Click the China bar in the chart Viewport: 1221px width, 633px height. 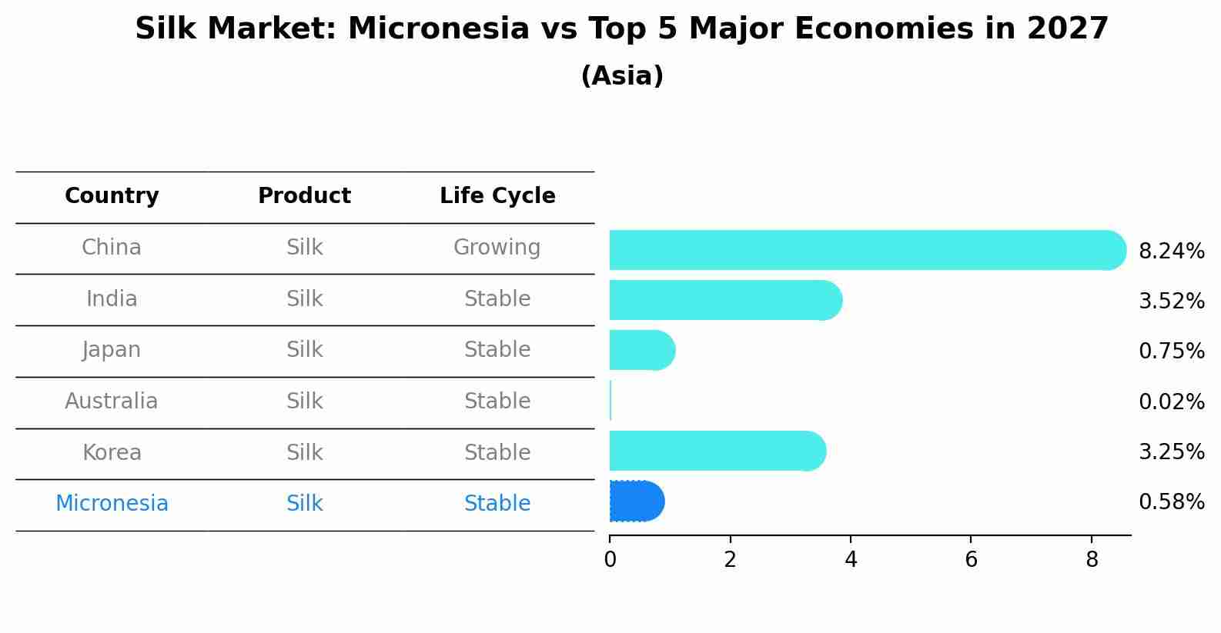[x=868, y=250]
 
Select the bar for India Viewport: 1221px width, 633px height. [x=726, y=300]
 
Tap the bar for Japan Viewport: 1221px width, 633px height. [x=643, y=350]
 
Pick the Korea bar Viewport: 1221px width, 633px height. [x=718, y=451]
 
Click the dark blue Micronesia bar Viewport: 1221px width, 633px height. [x=637, y=501]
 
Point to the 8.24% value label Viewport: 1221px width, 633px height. [x=1172, y=252]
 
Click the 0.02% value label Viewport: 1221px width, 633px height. [x=1172, y=402]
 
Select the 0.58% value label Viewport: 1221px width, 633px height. [x=1172, y=501]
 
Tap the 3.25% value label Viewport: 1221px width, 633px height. [x=1172, y=452]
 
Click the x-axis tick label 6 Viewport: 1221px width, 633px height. [x=971, y=559]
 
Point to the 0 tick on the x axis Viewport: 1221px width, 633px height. [x=610, y=559]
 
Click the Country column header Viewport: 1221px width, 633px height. [x=112, y=195]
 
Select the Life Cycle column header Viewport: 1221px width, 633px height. [x=497, y=195]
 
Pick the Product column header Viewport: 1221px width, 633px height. [x=305, y=195]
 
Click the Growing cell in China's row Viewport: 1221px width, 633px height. [x=497, y=248]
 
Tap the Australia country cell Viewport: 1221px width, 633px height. [x=111, y=401]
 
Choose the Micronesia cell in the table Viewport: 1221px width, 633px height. [x=112, y=503]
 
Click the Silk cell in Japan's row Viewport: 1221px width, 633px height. [x=305, y=350]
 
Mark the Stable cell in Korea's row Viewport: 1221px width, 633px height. [x=497, y=452]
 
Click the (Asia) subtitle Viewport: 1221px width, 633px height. [x=622, y=75]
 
